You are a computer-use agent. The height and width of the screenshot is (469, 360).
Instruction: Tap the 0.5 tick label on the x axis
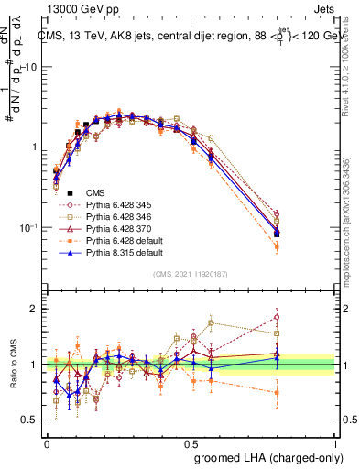tap(191, 442)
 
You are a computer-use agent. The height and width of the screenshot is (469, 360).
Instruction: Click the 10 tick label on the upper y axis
tap(31, 67)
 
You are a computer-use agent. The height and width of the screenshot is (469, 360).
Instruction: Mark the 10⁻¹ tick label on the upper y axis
tap(27, 227)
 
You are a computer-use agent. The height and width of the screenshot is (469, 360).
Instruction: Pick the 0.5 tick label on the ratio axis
tap(29, 420)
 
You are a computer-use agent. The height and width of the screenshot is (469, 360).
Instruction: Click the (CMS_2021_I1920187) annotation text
tap(191, 274)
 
